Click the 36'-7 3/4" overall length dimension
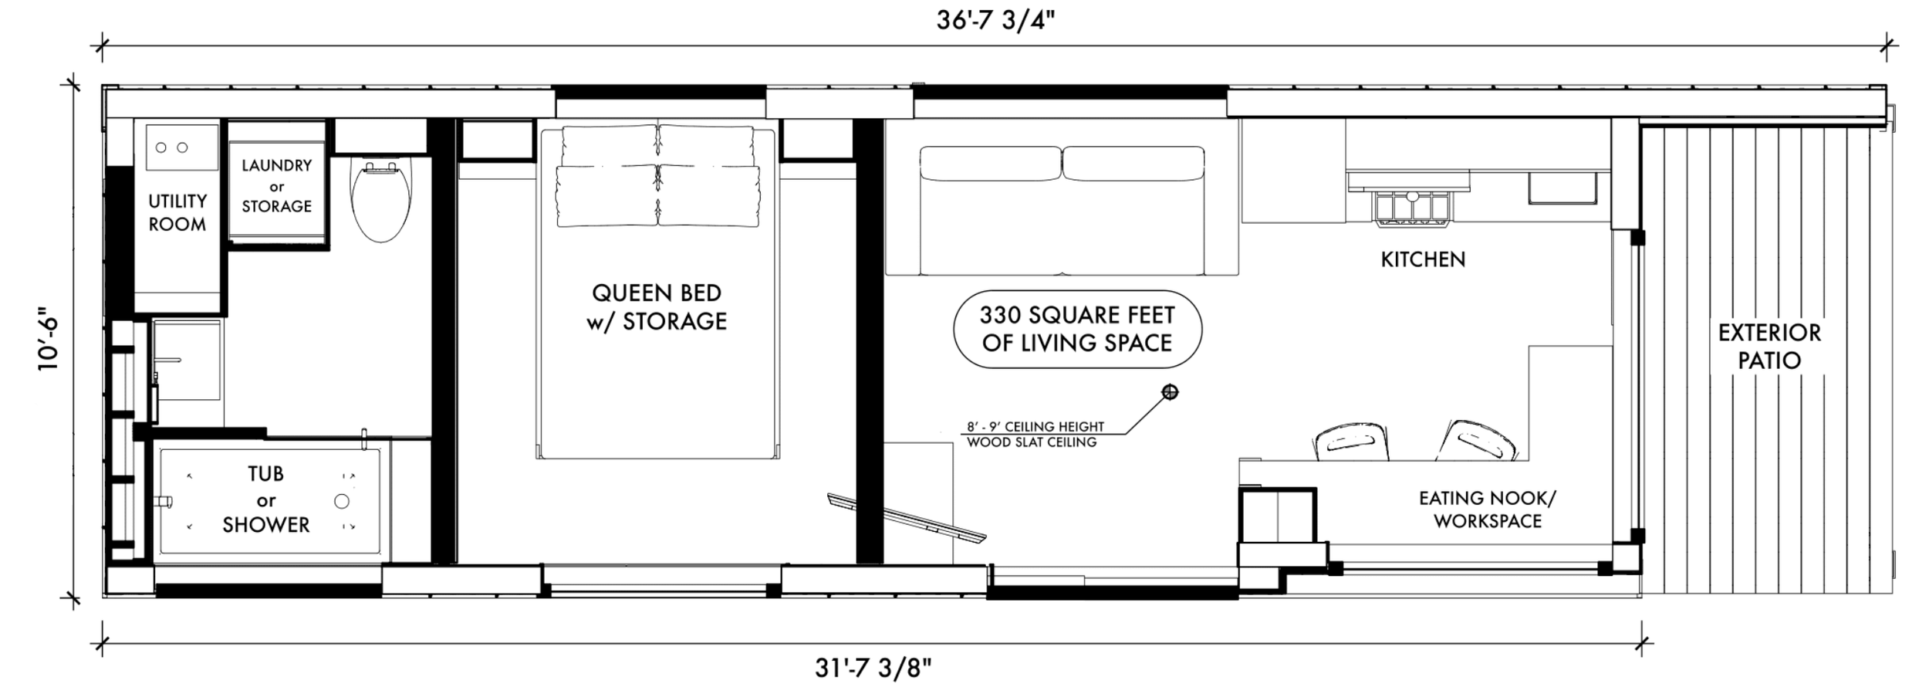(995, 21)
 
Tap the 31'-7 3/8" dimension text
(873, 668)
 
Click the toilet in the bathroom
(381, 201)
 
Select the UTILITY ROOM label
(177, 213)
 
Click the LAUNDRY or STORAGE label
(277, 186)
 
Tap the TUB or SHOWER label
(266, 499)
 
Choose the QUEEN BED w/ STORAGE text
(657, 307)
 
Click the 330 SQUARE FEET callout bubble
(1077, 329)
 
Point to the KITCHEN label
(1423, 259)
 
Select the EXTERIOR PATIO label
(1769, 347)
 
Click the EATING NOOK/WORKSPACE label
(1488, 509)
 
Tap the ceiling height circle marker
(1171, 392)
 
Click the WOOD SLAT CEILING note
(1032, 442)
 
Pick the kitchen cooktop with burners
(1411, 208)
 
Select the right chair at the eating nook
(1478, 440)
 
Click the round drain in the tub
(342, 502)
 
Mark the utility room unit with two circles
(182, 147)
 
